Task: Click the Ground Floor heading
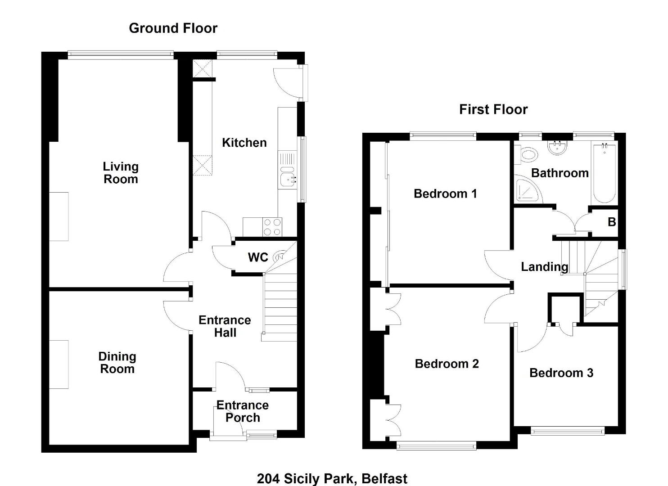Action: pos(173,28)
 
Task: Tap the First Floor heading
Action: pos(493,109)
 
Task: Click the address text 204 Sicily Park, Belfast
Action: pos(332,479)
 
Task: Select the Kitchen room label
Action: pos(244,143)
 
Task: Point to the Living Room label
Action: pos(121,173)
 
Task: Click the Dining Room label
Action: pos(117,363)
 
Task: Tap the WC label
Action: pos(258,257)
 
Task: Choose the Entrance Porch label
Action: pos(243,411)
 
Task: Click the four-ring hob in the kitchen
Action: pos(272,227)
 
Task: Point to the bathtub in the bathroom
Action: pos(605,173)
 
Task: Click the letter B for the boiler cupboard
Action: pos(612,222)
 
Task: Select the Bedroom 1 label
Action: pos(445,194)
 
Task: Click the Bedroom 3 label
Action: pos(561,373)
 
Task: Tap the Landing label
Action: pos(545,267)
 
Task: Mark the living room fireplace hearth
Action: pos(59,216)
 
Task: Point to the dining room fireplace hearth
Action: pos(59,364)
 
